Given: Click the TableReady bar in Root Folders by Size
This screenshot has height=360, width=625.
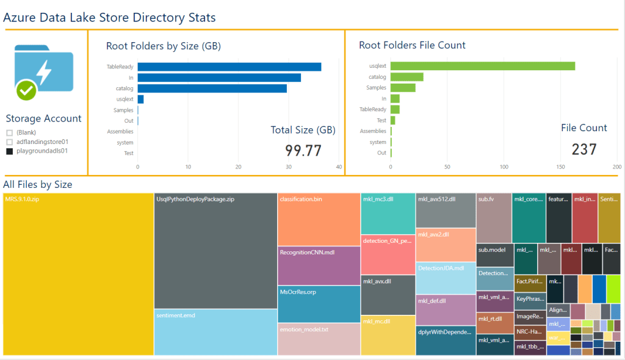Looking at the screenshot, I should (x=229, y=67).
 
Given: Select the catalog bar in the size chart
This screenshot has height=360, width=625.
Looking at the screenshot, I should (x=212, y=88).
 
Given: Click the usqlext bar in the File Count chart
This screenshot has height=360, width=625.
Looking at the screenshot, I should (x=482, y=66).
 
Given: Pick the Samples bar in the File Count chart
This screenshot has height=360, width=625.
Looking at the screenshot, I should (x=403, y=88).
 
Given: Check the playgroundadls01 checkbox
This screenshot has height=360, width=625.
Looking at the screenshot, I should (x=10, y=151).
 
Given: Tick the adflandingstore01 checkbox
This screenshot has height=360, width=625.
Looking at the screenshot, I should (x=10, y=142).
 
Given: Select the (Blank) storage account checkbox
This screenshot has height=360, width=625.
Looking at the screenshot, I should (x=10, y=132).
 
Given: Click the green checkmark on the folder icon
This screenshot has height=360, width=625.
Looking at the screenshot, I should (x=26, y=90).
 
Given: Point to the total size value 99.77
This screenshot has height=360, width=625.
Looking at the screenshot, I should (x=303, y=150).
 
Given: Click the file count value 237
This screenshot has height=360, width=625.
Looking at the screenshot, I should (x=584, y=149).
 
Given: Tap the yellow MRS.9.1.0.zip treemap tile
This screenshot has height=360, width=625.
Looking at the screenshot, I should (x=78, y=275).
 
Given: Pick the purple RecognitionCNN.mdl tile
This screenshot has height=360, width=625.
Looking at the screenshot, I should (x=318, y=265).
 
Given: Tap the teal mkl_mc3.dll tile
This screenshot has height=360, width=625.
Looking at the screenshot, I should (x=388, y=214).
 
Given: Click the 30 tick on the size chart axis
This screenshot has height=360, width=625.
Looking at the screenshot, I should (x=289, y=166).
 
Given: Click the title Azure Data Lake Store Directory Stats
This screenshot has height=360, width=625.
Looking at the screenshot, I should (x=110, y=18).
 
